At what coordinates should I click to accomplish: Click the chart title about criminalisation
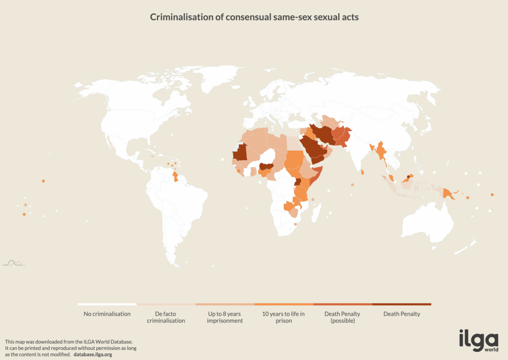click(254, 17)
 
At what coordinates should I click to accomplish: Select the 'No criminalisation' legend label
click(107, 314)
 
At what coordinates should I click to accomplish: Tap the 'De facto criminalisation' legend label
click(166, 317)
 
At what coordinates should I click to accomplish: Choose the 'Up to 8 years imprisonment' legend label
click(225, 317)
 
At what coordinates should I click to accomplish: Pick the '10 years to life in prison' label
click(283, 317)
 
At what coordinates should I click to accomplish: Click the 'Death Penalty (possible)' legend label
click(342, 317)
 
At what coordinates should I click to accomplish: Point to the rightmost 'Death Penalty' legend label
click(401, 314)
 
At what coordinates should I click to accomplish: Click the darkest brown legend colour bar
click(401, 305)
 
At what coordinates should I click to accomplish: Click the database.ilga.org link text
click(92, 354)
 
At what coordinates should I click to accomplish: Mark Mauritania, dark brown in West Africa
click(239, 152)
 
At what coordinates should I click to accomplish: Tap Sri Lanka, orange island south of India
click(362, 172)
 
